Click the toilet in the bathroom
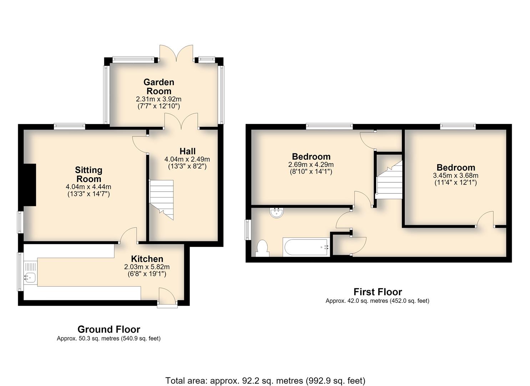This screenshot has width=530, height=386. click(x=262, y=248)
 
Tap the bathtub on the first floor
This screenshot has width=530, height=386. click(x=306, y=247)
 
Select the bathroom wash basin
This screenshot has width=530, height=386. click(x=276, y=212)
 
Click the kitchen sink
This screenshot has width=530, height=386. click(x=30, y=277)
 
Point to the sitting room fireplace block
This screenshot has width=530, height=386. click(x=30, y=185)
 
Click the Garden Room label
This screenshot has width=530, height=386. click(x=159, y=86)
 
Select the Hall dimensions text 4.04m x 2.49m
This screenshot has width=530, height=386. click(x=187, y=159)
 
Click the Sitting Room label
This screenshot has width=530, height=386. click(x=89, y=174)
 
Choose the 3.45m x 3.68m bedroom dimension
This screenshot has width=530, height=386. click(x=456, y=175)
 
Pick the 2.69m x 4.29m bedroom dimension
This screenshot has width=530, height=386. click(x=311, y=164)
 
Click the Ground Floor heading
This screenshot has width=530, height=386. click(x=109, y=330)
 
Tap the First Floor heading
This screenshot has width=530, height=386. click(x=378, y=292)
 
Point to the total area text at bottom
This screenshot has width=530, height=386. click(x=265, y=374)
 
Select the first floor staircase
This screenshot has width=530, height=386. click(x=389, y=180)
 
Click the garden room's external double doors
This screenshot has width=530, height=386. click(x=177, y=53)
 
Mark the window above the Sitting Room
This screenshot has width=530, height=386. click(x=69, y=126)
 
